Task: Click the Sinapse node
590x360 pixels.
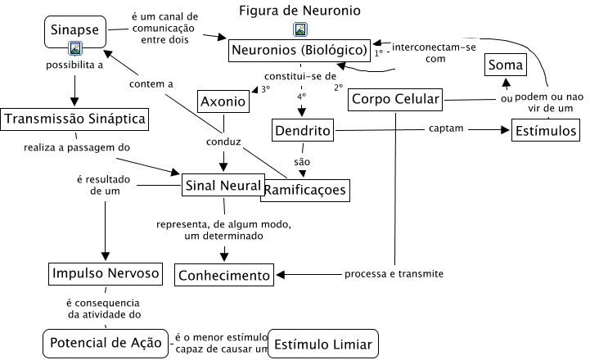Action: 75,30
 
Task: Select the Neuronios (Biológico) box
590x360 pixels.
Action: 301,51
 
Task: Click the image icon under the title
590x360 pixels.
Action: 300,29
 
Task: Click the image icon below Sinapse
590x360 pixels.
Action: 75,48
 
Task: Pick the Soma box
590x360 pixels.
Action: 506,65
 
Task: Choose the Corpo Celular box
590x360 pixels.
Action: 395,100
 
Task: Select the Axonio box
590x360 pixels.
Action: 223,103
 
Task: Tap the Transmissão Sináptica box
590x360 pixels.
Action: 74,119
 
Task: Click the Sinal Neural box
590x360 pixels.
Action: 223,186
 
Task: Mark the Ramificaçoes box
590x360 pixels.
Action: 304,191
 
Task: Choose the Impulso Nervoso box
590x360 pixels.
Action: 104,272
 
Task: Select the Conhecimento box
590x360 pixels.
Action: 224,275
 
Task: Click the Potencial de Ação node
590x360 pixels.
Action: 106,341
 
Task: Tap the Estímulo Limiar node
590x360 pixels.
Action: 324,344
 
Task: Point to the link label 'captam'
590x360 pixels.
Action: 446,128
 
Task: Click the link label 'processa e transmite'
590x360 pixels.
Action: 394,273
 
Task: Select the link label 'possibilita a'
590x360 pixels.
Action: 74,65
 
